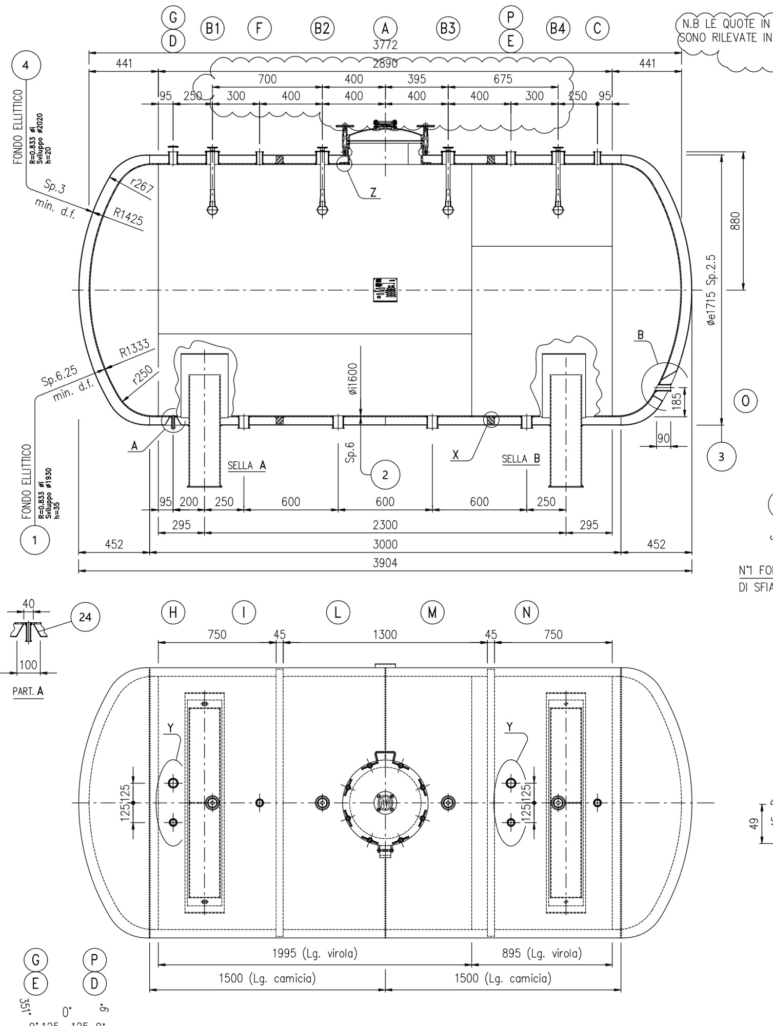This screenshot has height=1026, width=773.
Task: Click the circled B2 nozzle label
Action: (322, 28)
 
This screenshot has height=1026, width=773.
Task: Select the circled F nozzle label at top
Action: (260, 28)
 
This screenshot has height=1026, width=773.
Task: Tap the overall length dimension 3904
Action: (385, 563)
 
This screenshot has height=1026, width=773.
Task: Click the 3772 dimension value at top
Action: (385, 46)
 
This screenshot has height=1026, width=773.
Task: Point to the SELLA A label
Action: (247, 465)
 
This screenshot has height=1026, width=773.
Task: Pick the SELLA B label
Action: (521, 459)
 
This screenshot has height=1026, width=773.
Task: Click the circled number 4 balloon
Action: (26, 65)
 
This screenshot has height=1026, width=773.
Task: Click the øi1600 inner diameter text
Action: (352, 379)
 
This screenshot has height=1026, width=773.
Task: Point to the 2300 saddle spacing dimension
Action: (385, 525)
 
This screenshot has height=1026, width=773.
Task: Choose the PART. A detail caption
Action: (28, 691)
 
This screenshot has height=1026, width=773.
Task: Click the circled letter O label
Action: (745, 401)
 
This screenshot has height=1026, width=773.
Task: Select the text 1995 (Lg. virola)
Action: (314, 953)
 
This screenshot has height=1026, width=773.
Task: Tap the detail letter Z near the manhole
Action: (373, 192)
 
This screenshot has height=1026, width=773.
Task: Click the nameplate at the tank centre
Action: (385, 290)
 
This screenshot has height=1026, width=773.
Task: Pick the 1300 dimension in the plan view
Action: (385, 635)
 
